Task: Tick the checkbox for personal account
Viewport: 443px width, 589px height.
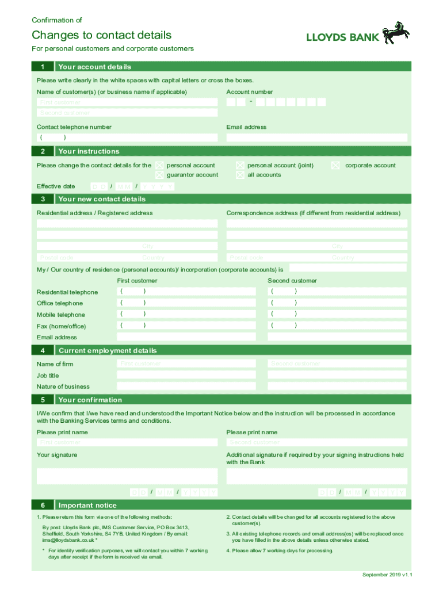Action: click(159, 166)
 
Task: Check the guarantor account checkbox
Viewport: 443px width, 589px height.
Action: click(159, 175)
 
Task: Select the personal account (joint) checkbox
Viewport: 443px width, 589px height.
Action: click(240, 166)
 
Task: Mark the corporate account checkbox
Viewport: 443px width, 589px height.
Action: click(335, 166)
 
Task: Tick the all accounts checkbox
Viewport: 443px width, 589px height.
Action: click(240, 175)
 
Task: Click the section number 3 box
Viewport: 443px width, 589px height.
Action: click(43, 199)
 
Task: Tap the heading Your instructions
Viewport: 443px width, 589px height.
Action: click(89, 151)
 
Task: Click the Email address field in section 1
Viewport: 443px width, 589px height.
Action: click(316, 137)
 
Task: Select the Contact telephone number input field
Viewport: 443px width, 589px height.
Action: click(127, 137)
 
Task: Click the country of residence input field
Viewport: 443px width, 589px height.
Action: click(347, 268)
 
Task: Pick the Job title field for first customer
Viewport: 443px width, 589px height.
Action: click(186, 375)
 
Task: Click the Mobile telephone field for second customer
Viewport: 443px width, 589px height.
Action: click(337, 314)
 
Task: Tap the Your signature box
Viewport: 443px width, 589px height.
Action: click(127, 476)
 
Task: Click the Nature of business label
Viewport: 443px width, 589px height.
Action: click(63, 387)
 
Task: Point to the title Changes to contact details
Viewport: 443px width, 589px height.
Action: click(101, 35)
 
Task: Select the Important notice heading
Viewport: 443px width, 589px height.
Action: click(87, 505)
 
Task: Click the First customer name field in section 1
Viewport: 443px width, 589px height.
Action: click(127, 102)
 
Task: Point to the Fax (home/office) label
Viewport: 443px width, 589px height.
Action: click(61, 326)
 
